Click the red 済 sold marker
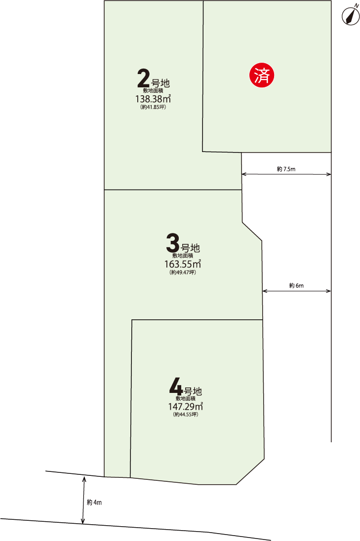(262, 75)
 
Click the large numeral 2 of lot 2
(144, 78)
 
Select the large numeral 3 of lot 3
(172, 243)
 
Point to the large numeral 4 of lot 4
(176, 386)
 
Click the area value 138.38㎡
(153, 99)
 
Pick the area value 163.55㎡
(183, 264)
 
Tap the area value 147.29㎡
(185, 406)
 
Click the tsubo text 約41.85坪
(153, 107)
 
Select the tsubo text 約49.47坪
(183, 272)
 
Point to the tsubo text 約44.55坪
(186, 414)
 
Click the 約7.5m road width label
(286, 169)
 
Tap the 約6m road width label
(296, 286)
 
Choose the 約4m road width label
(94, 502)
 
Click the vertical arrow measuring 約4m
(83, 500)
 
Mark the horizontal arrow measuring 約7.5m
(286, 174)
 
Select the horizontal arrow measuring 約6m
(296, 291)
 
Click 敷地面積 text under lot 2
(153, 91)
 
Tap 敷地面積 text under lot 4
(185, 398)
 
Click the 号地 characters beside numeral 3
(190, 248)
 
